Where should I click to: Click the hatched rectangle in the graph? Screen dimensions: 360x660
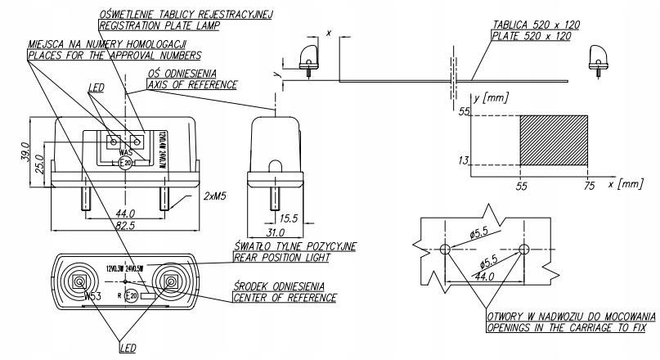554,139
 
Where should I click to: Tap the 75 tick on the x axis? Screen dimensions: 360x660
587,186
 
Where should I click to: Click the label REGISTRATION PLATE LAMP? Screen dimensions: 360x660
155,25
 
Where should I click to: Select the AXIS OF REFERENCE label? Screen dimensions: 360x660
192,84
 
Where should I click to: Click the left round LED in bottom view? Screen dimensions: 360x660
81,282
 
